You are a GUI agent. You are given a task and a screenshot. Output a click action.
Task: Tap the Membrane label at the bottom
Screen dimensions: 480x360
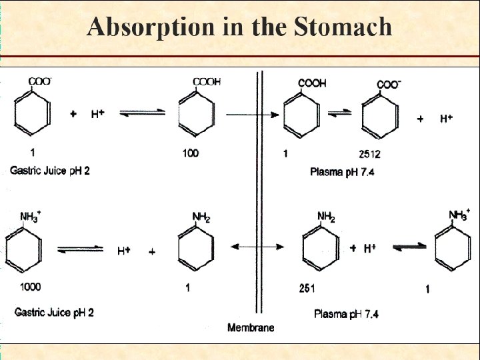click(251, 327)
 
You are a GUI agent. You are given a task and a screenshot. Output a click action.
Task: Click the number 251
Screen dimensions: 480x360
click(307, 289)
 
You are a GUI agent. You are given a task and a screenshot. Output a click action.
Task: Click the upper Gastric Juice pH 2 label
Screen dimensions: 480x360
click(50, 171)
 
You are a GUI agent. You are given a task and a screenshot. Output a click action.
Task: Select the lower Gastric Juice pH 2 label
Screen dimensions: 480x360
click(54, 312)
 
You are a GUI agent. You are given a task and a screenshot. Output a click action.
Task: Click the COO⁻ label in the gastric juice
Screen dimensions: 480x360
click(39, 82)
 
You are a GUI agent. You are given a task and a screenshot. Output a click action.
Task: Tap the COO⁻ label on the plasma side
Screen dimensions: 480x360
click(389, 84)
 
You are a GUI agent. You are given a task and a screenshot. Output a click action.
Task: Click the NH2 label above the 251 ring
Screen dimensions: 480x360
click(326, 217)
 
